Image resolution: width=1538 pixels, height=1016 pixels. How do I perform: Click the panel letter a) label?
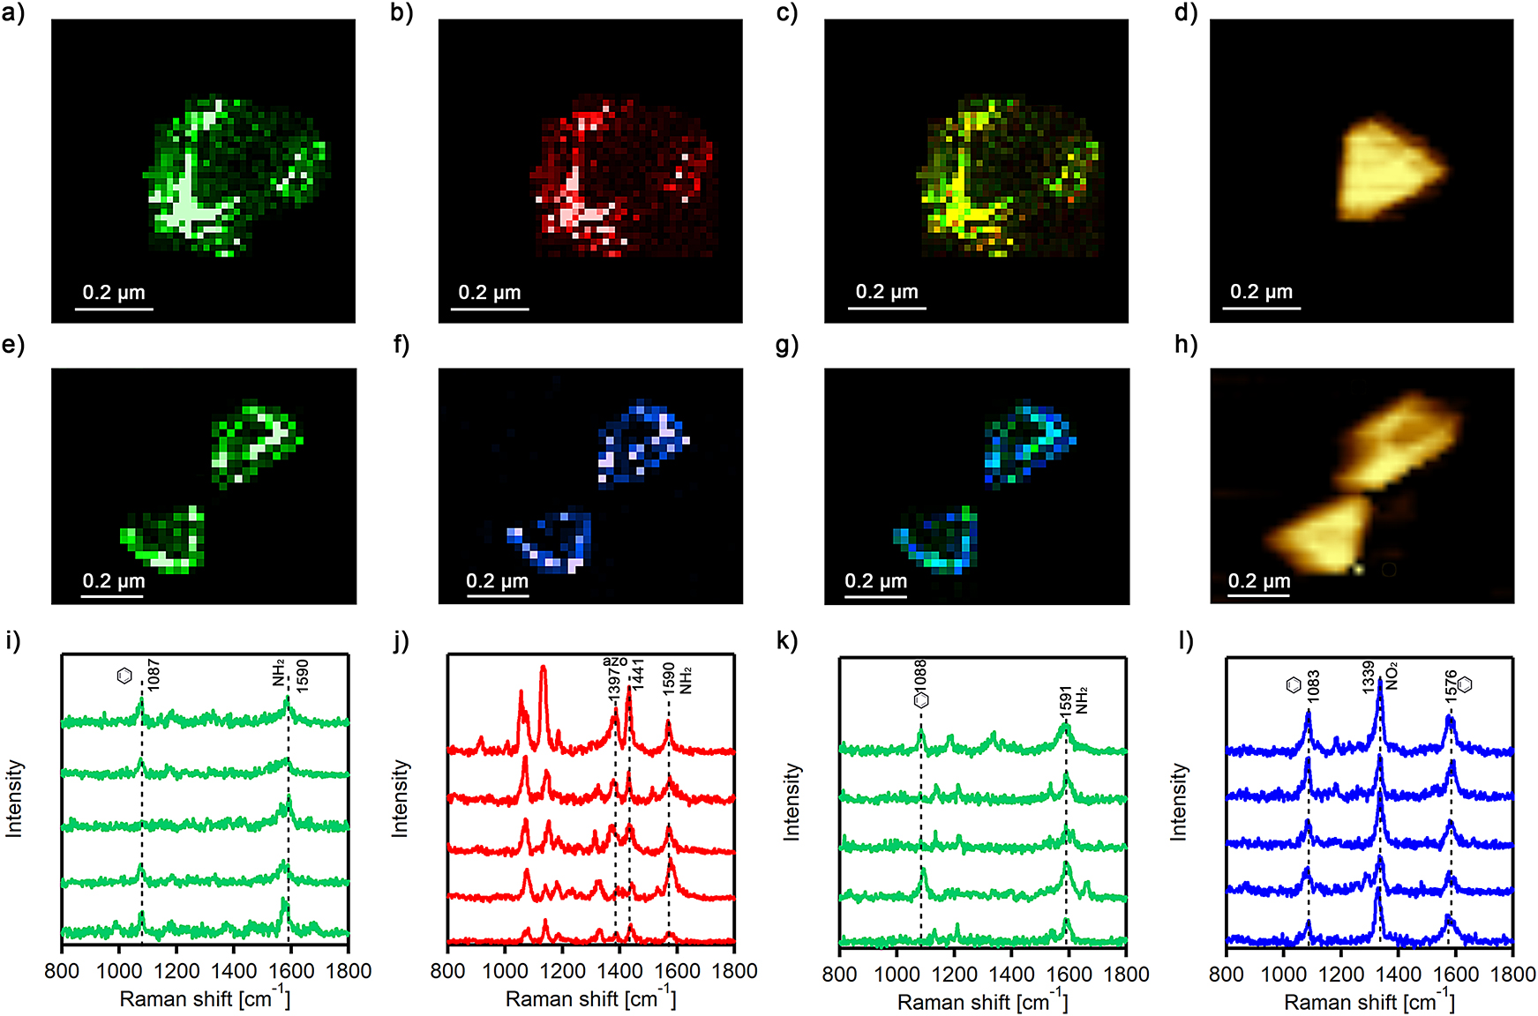click(12, 14)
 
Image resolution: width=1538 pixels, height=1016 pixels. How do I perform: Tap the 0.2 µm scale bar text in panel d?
click(1261, 291)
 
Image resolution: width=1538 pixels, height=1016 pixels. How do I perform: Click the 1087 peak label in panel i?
click(154, 675)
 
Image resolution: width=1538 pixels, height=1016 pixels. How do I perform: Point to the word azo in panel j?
click(615, 661)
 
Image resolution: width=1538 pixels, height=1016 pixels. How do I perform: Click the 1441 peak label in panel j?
click(637, 674)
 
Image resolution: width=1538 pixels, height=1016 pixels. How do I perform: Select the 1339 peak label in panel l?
click(1369, 676)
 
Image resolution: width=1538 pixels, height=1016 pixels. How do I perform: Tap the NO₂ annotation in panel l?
click(1392, 676)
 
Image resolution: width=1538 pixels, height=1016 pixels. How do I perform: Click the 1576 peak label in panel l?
click(1452, 686)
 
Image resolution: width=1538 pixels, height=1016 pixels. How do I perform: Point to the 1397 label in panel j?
click(615, 685)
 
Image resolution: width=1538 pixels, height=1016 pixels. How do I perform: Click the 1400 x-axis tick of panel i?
click(233, 971)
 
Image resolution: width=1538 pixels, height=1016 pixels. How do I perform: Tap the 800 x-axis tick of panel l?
click(1226, 974)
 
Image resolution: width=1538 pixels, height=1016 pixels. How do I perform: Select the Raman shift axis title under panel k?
click(982, 1002)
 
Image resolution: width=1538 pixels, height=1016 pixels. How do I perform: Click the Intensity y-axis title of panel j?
click(400, 798)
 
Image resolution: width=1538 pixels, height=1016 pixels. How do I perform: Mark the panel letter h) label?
click(1186, 345)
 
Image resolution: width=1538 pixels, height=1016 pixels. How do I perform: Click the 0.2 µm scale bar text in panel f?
click(497, 580)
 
